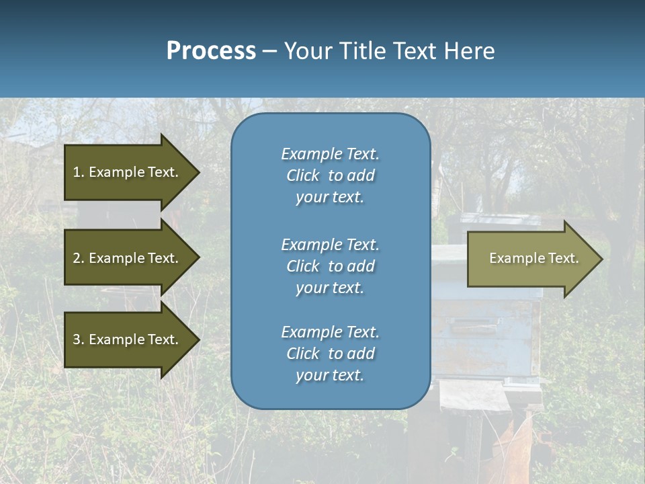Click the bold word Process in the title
pyautogui.click(x=211, y=51)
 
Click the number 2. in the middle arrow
pyautogui.click(x=78, y=258)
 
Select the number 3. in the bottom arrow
pyautogui.click(x=78, y=339)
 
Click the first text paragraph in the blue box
pyautogui.click(x=330, y=175)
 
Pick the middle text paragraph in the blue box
pyautogui.click(x=330, y=266)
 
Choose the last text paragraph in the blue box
pyautogui.click(x=330, y=354)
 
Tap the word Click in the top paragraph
pyautogui.click(x=303, y=175)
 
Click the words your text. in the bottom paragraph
pyautogui.click(x=330, y=375)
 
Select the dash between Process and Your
pyautogui.click(x=269, y=51)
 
